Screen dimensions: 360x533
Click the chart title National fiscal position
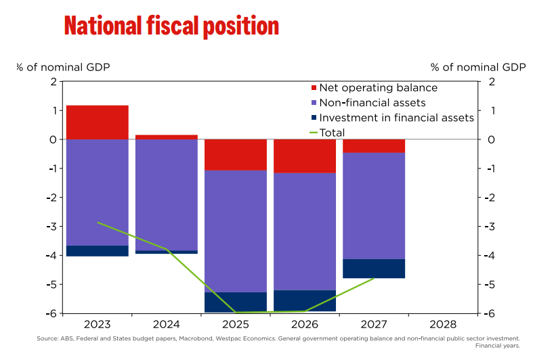[x=171, y=26]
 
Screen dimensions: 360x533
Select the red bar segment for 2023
[x=98, y=122]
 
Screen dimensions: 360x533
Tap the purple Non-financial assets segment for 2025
[x=236, y=231]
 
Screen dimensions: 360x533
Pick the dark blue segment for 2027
[x=374, y=269]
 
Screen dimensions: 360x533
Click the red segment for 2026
[x=305, y=156]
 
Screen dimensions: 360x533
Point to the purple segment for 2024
[x=167, y=194]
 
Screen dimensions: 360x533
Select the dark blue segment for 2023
[x=98, y=251]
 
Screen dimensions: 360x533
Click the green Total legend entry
[x=332, y=133]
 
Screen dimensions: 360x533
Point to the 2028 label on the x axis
[x=443, y=325]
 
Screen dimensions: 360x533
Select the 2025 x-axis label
[x=236, y=325]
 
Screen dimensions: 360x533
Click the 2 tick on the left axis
[x=53, y=82]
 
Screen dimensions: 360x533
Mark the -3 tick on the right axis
[x=492, y=227]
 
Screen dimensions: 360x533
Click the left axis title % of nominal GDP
[x=63, y=67]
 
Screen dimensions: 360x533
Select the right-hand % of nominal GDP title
[x=478, y=67]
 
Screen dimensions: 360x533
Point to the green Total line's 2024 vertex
[x=167, y=249]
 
